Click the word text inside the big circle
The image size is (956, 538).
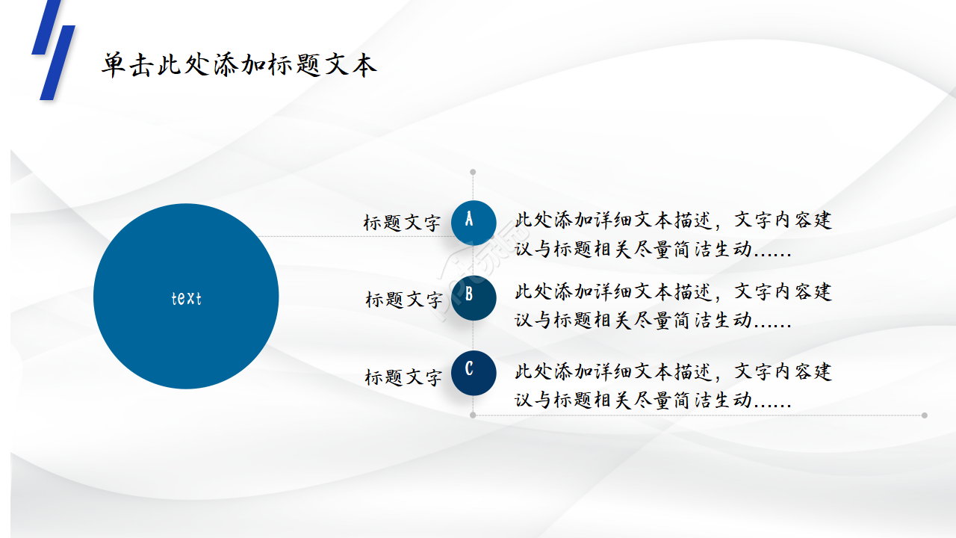(x=186, y=298)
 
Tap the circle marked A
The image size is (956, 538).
(x=474, y=222)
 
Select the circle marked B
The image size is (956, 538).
(x=474, y=297)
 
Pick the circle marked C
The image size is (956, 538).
(x=474, y=372)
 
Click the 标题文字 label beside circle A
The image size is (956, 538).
(x=402, y=223)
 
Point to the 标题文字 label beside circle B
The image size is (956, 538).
(x=403, y=300)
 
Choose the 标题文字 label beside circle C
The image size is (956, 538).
(x=403, y=377)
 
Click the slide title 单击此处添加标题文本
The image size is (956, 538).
(x=239, y=65)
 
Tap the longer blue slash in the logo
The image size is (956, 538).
(x=58, y=63)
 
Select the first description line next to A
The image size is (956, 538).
(x=673, y=220)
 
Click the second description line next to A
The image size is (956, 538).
(x=653, y=249)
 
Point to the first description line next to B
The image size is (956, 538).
(x=673, y=291)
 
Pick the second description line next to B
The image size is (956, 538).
(x=653, y=320)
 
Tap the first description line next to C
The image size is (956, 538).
(x=673, y=371)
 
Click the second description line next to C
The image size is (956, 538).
(x=653, y=400)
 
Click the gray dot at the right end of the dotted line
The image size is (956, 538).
(x=925, y=415)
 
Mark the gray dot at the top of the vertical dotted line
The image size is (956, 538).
(x=473, y=172)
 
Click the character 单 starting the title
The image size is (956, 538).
(x=114, y=65)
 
